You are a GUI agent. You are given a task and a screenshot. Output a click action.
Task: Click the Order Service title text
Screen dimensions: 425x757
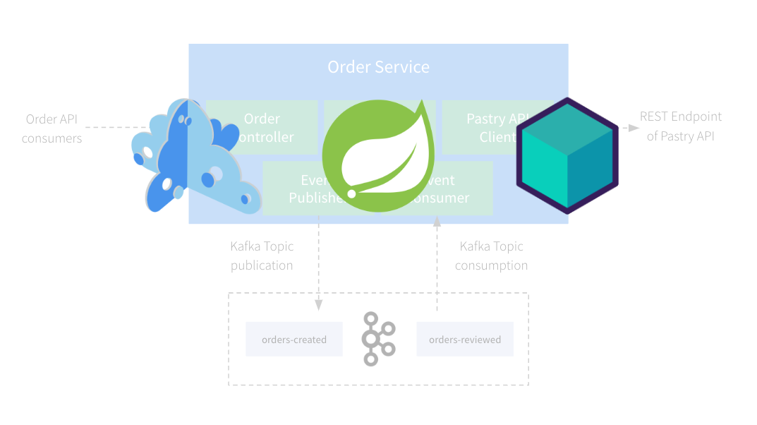(378, 67)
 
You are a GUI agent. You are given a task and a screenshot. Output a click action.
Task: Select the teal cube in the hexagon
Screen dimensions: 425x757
(567, 156)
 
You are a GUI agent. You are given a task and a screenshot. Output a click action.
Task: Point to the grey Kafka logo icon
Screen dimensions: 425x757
(378, 339)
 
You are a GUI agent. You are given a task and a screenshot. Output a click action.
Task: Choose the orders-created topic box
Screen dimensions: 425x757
(293, 340)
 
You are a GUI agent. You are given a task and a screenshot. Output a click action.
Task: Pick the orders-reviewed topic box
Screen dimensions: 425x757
(464, 340)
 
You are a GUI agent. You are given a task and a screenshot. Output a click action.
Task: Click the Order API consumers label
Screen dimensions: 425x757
(52, 128)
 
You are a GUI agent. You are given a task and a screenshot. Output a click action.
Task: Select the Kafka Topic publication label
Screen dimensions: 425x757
(262, 256)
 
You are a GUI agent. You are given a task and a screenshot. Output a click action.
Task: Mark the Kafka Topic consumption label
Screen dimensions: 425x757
(491, 256)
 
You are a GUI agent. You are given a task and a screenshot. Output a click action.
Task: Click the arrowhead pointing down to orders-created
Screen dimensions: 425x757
(319, 305)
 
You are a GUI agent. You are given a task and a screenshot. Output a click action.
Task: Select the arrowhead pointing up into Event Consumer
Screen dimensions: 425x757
(437, 222)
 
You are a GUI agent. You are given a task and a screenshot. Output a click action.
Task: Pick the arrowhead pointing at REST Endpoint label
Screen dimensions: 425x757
(634, 128)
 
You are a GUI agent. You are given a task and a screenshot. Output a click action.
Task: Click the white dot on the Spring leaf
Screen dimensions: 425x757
(351, 193)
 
